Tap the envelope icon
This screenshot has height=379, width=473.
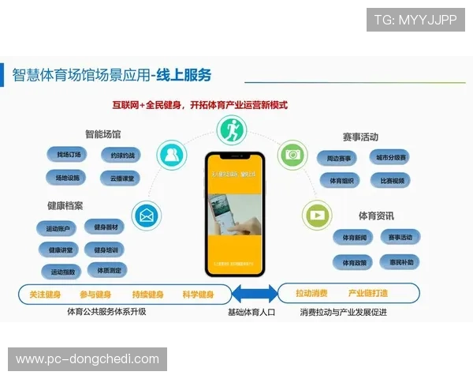click(x=147, y=216)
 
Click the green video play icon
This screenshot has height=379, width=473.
click(x=317, y=214)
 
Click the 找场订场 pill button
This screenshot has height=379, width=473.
click(x=63, y=155)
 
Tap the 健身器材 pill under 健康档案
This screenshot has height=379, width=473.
click(x=105, y=227)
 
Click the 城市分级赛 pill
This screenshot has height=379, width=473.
click(x=392, y=157)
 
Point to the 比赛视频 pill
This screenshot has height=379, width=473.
click(x=392, y=180)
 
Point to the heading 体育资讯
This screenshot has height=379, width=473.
click(x=376, y=216)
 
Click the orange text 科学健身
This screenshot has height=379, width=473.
click(x=197, y=295)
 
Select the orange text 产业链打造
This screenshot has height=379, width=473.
click(x=368, y=294)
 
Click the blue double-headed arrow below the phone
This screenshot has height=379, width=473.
click(x=255, y=294)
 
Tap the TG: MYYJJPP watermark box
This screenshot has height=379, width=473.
click(x=416, y=18)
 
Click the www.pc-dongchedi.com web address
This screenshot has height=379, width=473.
click(x=88, y=359)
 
